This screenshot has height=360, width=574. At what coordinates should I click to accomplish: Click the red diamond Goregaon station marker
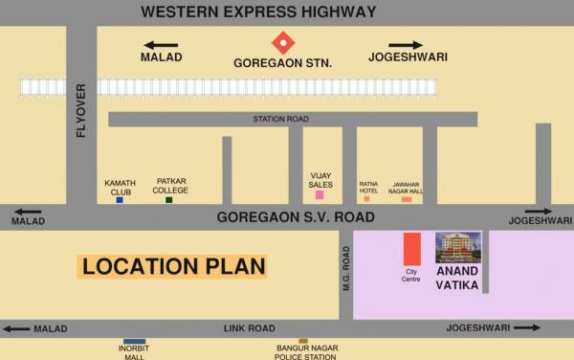coord(283,42)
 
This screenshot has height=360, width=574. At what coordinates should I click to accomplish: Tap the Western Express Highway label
coord(258,12)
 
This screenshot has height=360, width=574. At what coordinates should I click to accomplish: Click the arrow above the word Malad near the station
coord(162,44)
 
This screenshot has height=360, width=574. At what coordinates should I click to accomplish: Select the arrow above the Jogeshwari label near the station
coord(405,44)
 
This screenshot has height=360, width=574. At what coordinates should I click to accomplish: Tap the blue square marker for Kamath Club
coord(120,199)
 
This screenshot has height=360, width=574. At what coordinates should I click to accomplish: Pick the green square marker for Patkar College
coord(169,199)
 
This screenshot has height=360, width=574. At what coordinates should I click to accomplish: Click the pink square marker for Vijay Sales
coord(320,195)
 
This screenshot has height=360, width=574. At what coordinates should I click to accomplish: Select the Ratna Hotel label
coord(368,187)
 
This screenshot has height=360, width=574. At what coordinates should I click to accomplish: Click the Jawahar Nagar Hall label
coord(407,187)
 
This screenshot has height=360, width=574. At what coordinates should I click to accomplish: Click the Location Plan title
coord(172,266)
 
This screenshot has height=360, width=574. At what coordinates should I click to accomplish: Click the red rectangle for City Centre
coord(411,248)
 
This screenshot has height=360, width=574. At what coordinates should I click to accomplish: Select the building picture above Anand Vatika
coord(458,247)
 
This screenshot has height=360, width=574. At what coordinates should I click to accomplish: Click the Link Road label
coord(250,328)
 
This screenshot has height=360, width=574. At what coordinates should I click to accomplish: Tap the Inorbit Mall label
coord(134,351)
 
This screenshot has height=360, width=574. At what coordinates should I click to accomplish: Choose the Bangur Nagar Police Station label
coord(304,352)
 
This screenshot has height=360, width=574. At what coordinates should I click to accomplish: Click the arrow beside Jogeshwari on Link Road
coord(525,327)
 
